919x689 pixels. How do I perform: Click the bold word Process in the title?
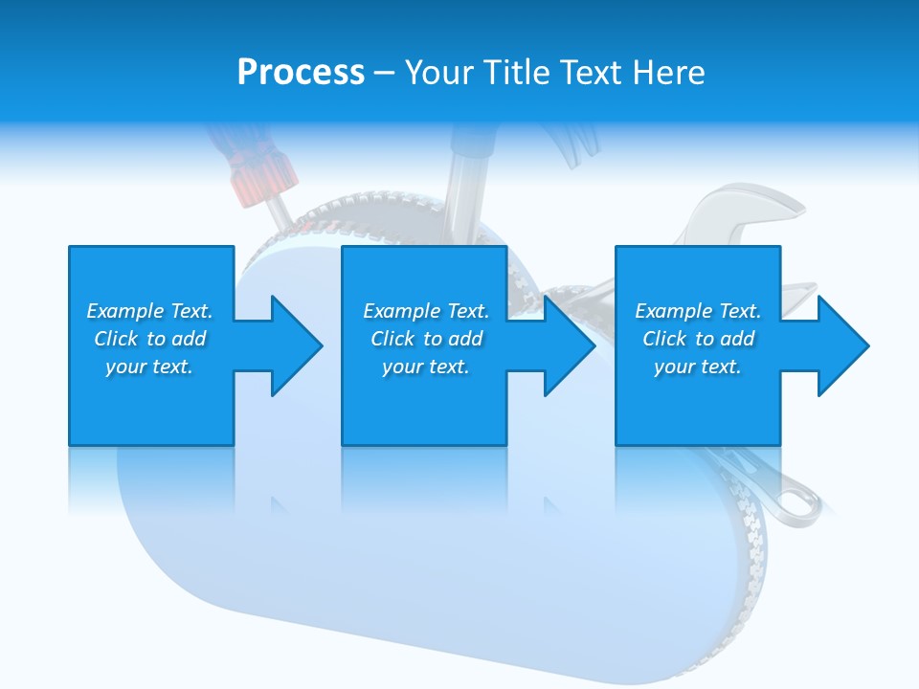coord(301,73)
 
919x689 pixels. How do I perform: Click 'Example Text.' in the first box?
coord(149,311)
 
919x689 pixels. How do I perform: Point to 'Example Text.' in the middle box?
coord(426,311)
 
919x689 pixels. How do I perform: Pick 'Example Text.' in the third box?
coord(698,311)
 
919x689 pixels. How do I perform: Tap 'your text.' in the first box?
coord(149,367)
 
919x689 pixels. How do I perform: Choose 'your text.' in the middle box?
coord(426,367)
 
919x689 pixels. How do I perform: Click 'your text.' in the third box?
coord(698,367)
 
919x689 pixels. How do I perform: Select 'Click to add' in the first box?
coord(149,339)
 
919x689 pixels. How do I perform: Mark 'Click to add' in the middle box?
coord(426,339)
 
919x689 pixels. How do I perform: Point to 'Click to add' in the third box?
coord(698,339)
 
